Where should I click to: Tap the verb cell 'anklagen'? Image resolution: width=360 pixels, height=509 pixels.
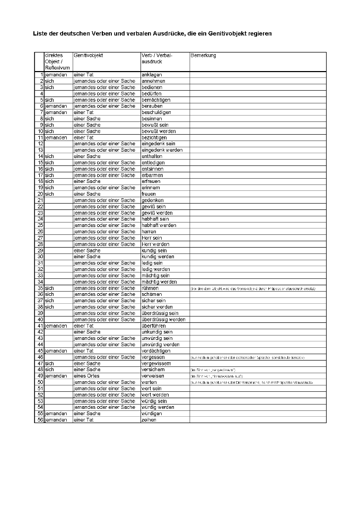[x=152, y=75]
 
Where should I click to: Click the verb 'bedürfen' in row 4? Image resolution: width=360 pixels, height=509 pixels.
[x=153, y=93]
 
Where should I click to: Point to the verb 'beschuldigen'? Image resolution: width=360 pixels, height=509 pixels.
[x=156, y=112]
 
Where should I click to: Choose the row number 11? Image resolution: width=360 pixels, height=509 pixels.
[x=40, y=137]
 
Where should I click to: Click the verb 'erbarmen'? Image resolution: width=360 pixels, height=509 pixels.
[x=153, y=175]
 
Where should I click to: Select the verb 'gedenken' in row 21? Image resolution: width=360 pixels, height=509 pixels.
[x=153, y=200]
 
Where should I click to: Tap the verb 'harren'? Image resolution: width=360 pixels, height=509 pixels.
[x=149, y=232]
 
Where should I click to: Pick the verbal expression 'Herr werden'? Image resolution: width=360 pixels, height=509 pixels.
[x=155, y=244]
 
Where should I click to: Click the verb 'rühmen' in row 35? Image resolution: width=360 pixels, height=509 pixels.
[x=151, y=288]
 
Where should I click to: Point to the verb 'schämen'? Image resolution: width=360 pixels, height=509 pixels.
[x=152, y=294]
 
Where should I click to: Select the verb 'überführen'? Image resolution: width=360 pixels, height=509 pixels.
[x=154, y=326]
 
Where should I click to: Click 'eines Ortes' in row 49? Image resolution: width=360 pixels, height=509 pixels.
[x=86, y=376]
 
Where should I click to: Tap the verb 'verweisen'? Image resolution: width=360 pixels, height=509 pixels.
[x=153, y=376]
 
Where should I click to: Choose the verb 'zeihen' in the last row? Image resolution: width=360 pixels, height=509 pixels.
[x=149, y=420]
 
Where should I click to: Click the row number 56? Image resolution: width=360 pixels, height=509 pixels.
[x=40, y=420]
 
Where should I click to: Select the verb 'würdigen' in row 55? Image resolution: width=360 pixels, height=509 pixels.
[x=153, y=414]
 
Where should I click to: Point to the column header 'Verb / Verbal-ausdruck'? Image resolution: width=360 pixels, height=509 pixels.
[x=157, y=58]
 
